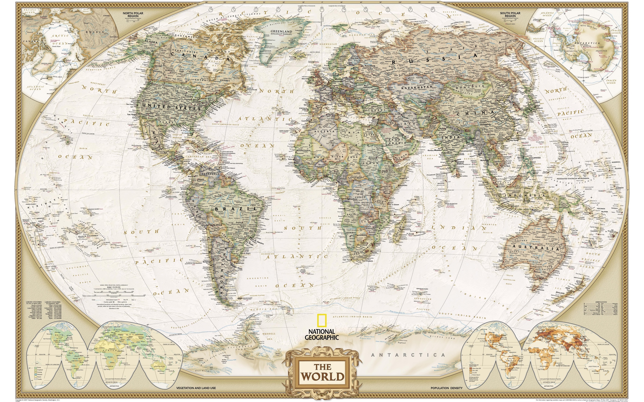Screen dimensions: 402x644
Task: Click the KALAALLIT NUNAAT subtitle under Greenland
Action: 274,35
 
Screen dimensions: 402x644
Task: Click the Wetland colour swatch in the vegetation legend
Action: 36,375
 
